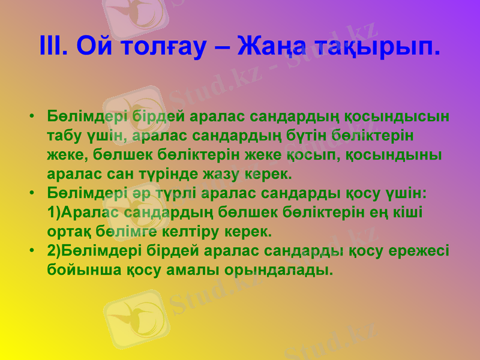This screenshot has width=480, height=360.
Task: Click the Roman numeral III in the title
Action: [x=53, y=46]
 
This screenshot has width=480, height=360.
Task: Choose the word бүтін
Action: [x=328, y=135]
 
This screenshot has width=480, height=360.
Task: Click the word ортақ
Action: [x=68, y=230]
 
